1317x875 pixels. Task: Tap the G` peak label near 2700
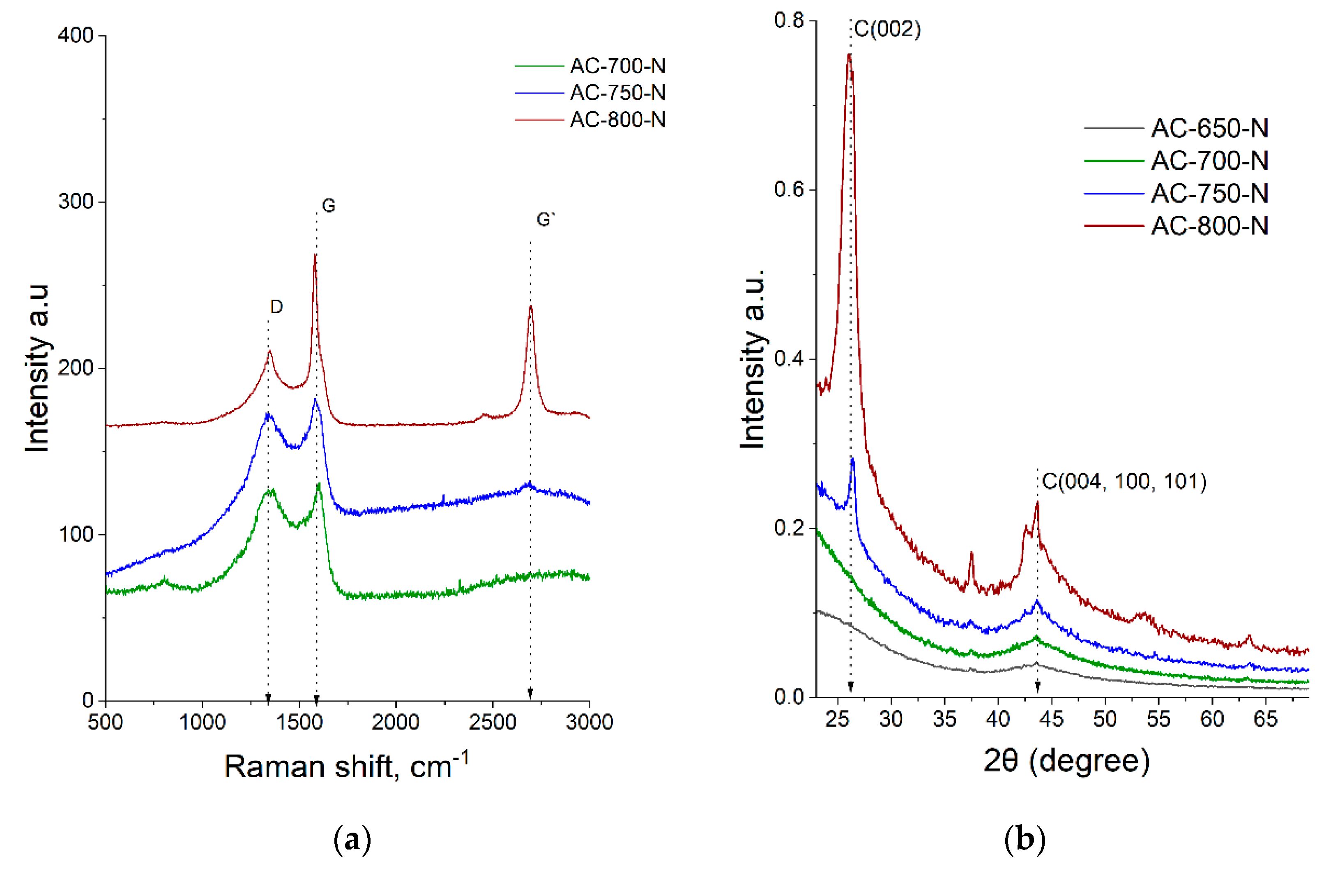pyautogui.click(x=545, y=219)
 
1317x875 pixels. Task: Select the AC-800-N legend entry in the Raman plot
pyautogui.click(x=617, y=120)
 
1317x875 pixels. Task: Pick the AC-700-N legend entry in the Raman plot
pyautogui.click(x=617, y=66)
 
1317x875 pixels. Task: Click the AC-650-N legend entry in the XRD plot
pyautogui.click(x=1209, y=128)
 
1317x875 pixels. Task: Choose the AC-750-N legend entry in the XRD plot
pyautogui.click(x=1209, y=193)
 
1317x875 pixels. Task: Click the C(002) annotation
pyautogui.click(x=887, y=29)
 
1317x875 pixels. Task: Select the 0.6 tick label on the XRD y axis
pyautogui.click(x=788, y=189)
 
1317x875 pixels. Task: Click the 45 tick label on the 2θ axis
pyautogui.click(x=1051, y=719)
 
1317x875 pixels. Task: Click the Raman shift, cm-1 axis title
pyautogui.click(x=346, y=766)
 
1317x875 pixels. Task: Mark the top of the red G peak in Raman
pyautogui.click(x=315, y=255)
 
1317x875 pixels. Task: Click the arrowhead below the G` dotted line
pyautogui.click(x=530, y=694)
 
